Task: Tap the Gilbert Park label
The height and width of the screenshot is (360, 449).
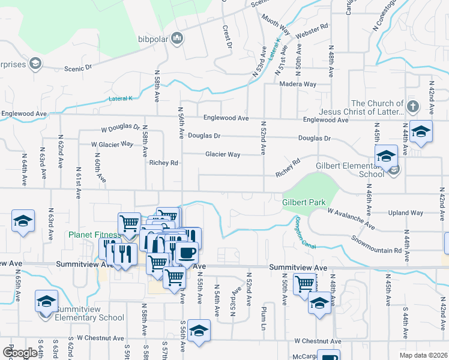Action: [x=303, y=202]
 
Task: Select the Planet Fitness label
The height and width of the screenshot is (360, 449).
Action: [x=93, y=235]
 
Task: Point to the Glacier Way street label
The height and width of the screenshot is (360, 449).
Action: [x=223, y=155]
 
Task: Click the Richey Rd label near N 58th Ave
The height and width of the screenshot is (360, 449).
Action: [x=164, y=163]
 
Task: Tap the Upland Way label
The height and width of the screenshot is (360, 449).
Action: [x=406, y=213]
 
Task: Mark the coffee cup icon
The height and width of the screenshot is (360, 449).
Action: [x=186, y=253]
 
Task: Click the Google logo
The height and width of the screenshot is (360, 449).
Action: [x=20, y=353]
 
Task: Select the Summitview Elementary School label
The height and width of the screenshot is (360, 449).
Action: [x=89, y=313]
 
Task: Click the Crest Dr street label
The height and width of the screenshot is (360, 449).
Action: [x=228, y=35]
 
